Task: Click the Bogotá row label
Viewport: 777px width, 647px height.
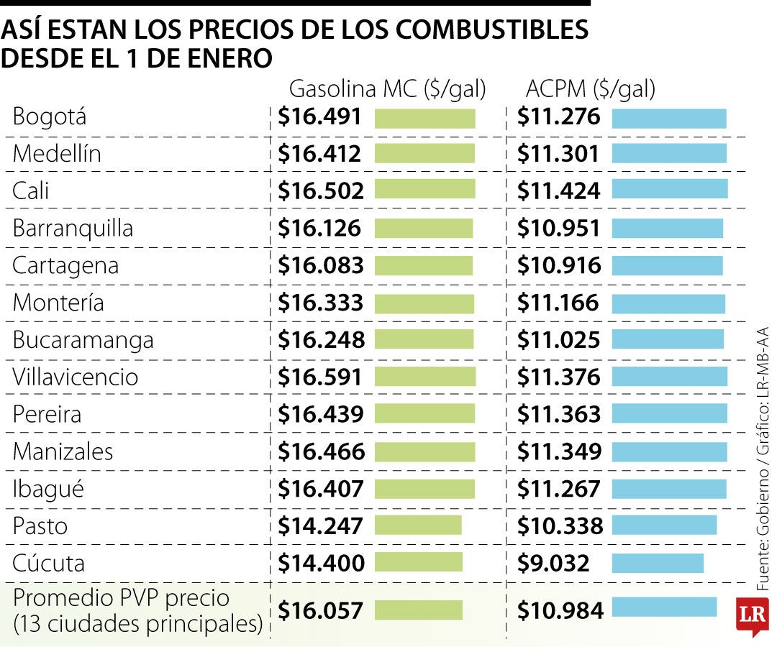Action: click(50, 116)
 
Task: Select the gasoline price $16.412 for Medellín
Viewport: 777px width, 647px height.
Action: click(319, 153)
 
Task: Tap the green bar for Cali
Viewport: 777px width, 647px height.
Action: click(424, 190)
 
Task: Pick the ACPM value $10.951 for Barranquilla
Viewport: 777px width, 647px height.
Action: click(558, 228)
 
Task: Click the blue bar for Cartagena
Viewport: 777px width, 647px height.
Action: click(667, 265)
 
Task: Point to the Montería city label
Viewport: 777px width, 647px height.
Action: click(58, 303)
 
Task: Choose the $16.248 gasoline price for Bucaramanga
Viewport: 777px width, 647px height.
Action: click(321, 339)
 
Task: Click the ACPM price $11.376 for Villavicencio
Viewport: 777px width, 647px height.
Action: click(559, 377)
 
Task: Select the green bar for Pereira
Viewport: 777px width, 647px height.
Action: click(424, 414)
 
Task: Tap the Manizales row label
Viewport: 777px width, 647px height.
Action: click(63, 451)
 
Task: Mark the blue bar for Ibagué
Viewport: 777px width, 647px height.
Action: click(669, 489)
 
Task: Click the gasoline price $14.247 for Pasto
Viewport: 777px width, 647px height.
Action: click(320, 526)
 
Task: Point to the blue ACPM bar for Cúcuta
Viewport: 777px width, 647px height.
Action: click(658, 563)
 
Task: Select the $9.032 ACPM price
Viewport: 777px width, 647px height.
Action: click(553, 563)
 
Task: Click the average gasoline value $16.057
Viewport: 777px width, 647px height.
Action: click(321, 610)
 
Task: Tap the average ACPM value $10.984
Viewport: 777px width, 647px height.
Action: click(560, 610)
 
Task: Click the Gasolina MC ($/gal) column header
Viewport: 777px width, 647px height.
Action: click(387, 89)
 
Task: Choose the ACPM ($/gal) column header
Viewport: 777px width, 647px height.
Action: click(591, 89)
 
